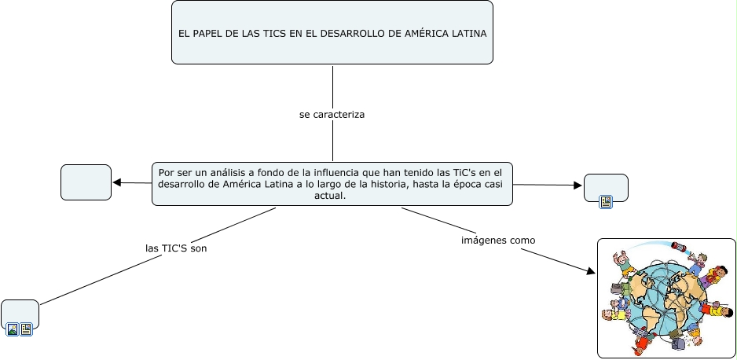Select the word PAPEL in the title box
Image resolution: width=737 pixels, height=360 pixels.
[207, 34]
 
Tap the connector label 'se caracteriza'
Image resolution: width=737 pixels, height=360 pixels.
[332, 115]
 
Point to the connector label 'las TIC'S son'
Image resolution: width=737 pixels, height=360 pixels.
[176, 248]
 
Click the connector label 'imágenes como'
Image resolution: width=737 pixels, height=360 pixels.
[498, 240]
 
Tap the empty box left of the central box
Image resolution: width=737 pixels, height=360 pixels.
[86, 182]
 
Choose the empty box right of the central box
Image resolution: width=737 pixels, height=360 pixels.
[606, 186]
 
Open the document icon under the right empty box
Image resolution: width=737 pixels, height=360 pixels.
[606, 202]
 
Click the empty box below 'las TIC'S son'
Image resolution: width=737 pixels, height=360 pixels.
[20, 312]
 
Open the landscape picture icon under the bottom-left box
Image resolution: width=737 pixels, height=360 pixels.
[13, 329]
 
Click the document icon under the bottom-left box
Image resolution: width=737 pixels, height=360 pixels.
[27, 329]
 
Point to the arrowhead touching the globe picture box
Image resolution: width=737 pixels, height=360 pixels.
[591, 271]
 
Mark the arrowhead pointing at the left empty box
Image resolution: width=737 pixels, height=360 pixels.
[117, 182]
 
